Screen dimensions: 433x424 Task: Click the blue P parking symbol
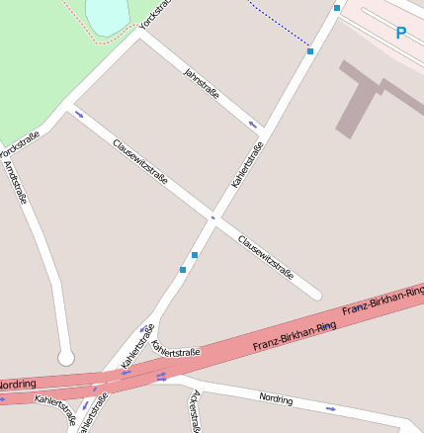coord(400,34)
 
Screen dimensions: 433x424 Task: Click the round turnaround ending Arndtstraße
coord(66,356)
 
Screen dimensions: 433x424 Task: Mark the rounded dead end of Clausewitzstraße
coord(314,294)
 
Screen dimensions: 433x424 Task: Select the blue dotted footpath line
coord(278,26)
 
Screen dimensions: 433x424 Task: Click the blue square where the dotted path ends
coord(310,50)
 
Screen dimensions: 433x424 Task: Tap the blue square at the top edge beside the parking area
coord(337,8)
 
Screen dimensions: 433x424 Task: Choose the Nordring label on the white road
coord(276,398)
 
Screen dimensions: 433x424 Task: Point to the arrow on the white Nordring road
coord(330,407)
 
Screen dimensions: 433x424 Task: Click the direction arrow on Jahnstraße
coord(253,125)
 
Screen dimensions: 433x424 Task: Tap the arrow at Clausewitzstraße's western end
coord(79,115)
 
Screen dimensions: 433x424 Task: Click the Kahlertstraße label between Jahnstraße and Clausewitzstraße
coord(247,165)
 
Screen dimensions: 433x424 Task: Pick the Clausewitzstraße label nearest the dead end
coord(266,256)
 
